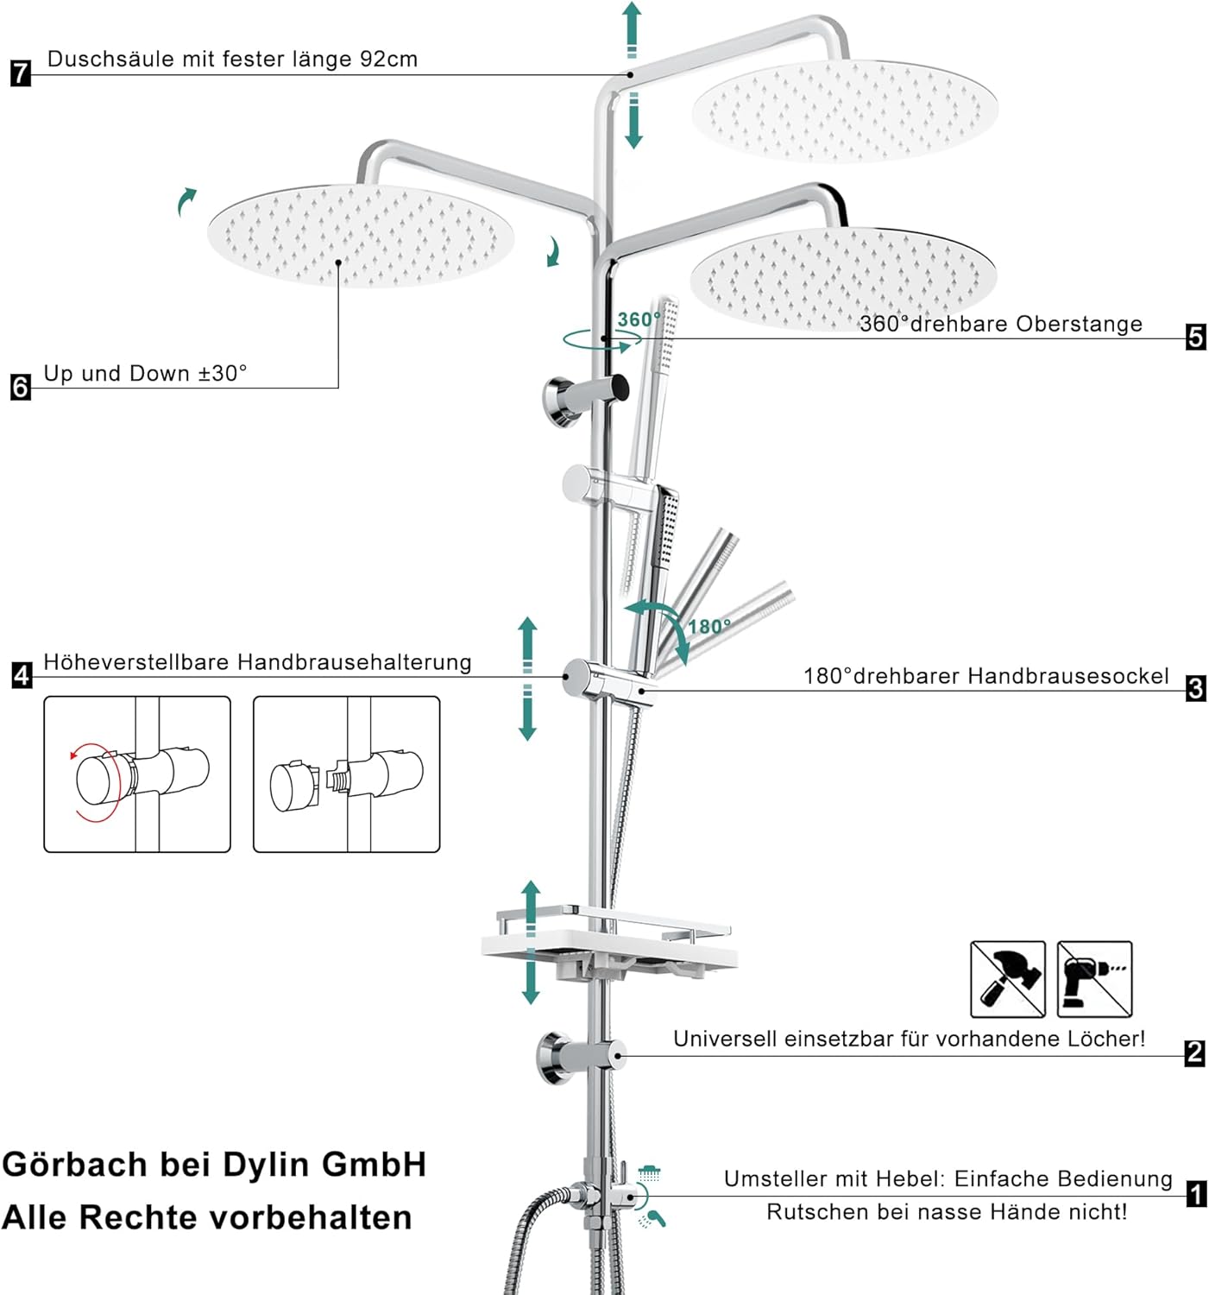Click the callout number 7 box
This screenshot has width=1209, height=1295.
pyautogui.click(x=20, y=73)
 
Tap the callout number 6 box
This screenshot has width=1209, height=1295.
pyautogui.click(x=20, y=387)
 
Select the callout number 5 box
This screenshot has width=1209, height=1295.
pyautogui.click(x=1195, y=336)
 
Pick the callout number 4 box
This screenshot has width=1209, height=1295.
pyautogui.click(x=22, y=675)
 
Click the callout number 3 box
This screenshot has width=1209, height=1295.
pyautogui.click(x=1195, y=688)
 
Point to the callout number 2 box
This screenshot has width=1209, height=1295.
pyautogui.click(x=1194, y=1052)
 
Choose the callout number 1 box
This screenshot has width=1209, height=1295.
pyautogui.click(x=1196, y=1194)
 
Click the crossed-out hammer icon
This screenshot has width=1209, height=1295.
pyautogui.click(x=1007, y=979)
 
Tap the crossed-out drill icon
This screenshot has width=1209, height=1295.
pyautogui.click(x=1094, y=979)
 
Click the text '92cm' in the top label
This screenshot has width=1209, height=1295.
pyautogui.click(x=388, y=59)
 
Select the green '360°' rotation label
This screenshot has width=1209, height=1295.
pyautogui.click(x=639, y=319)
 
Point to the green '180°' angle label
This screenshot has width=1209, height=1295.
pyautogui.click(x=709, y=626)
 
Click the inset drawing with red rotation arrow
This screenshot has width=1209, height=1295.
pyautogui.click(x=137, y=774)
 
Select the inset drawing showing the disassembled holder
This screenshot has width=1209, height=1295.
pyautogui.click(x=346, y=774)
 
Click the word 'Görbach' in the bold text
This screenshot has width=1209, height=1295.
pyautogui.click(x=75, y=1165)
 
